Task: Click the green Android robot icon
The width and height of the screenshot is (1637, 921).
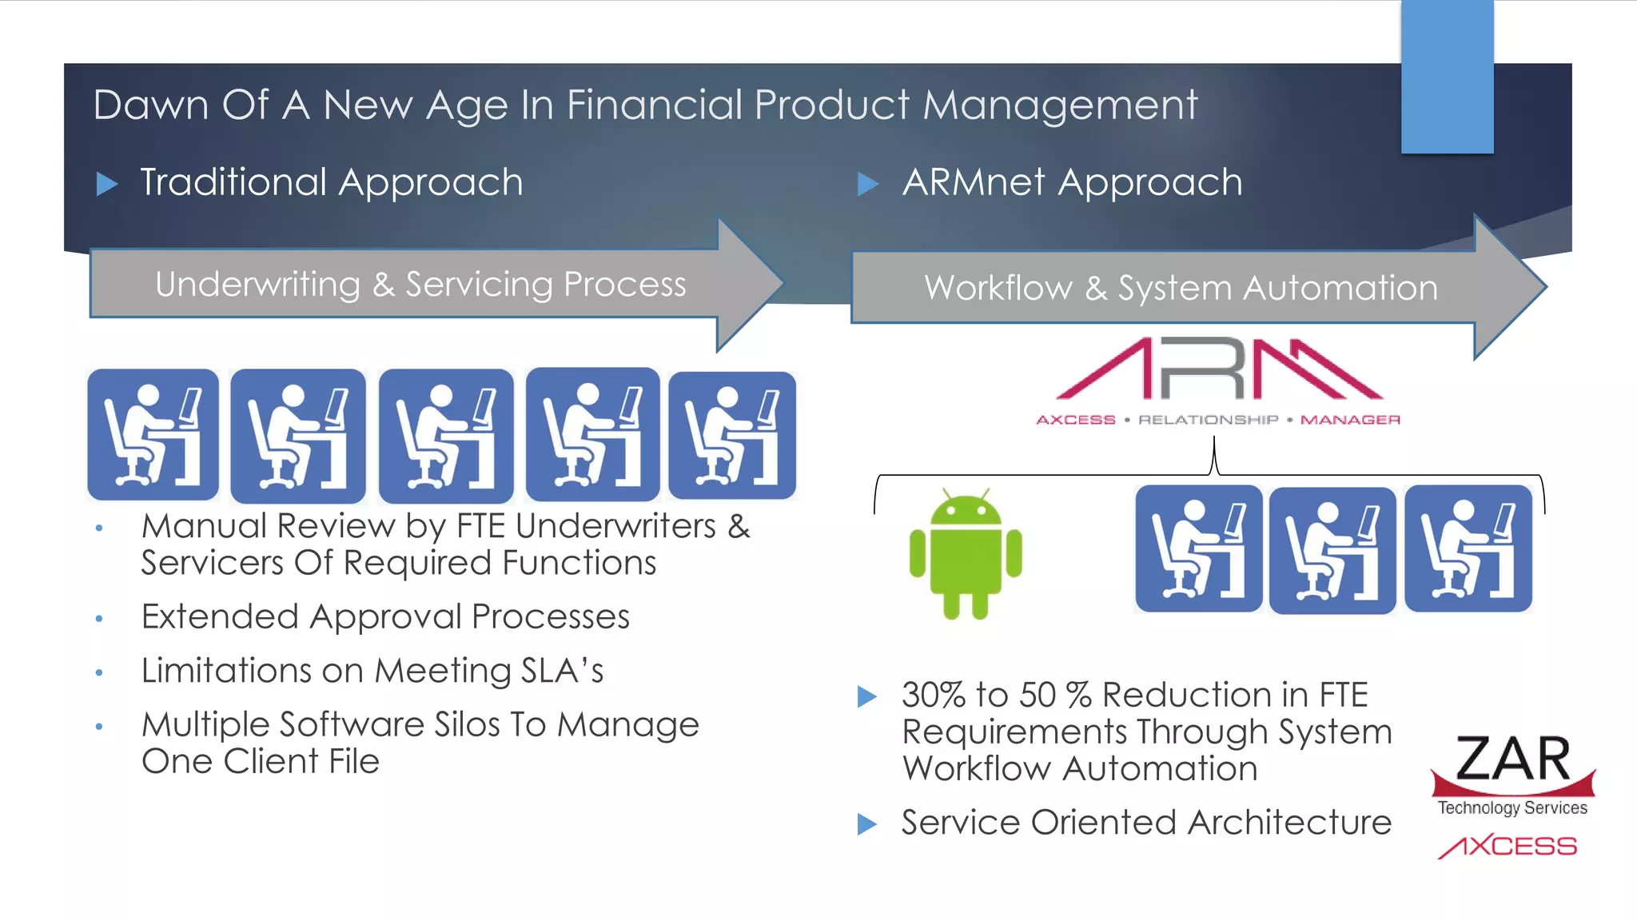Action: click(966, 554)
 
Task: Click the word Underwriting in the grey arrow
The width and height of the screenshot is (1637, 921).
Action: click(257, 285)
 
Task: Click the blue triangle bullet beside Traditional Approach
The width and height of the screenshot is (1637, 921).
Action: click(106, 184)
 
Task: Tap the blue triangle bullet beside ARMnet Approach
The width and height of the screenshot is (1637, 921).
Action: click(867, 184)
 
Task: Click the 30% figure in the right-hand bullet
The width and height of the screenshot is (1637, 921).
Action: click(934, 695)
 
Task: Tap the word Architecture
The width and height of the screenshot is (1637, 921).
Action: click(1289, 822)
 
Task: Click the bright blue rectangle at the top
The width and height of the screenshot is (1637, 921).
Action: click(1447, 77)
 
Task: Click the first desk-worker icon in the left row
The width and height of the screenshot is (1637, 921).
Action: click(153, 434)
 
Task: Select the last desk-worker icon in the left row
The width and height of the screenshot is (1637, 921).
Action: click(732, 435)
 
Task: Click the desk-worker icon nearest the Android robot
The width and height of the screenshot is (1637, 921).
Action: click(1198, 548)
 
